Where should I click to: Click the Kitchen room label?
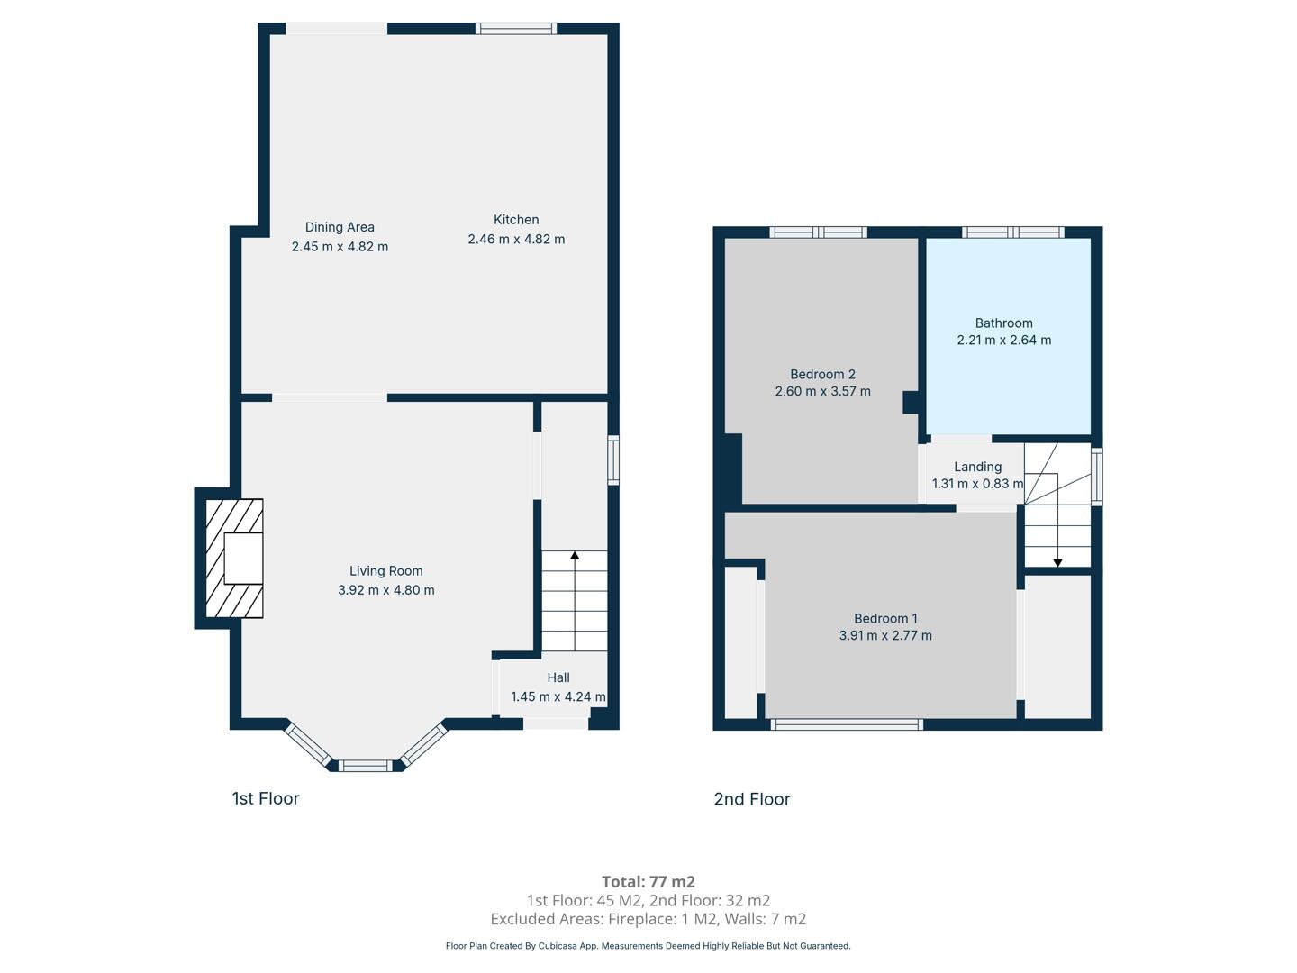516,220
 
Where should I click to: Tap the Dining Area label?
340,227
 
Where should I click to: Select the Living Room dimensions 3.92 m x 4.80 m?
385,589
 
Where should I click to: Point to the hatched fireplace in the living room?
234,559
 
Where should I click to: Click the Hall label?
558,677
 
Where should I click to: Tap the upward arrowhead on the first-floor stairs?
575,555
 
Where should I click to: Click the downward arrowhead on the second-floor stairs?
1057,563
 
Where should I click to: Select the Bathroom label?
1004,323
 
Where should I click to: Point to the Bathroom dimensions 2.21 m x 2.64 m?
1004,340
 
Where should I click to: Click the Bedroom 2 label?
822,374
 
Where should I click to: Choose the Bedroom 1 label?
885,619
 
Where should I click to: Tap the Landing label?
977,467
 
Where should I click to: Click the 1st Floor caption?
266,798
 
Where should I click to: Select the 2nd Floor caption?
751,799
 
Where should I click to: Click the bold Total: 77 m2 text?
648,881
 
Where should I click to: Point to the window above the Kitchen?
516,28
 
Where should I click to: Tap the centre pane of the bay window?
365,766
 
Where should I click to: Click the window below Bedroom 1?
847,724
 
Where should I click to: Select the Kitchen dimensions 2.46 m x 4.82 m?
516,240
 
